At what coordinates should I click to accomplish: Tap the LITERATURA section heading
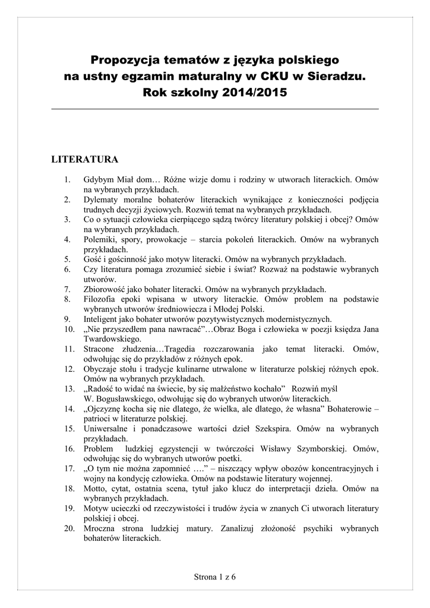click(x=85, y=160)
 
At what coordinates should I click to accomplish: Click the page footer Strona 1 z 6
click(x=215, y=576)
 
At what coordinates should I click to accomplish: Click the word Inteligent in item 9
click(x=102, y=318)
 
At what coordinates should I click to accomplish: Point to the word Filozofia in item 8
click(x=102, y=299)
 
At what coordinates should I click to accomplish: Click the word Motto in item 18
click(x=96, y=488)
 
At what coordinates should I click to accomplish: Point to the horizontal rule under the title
click(x=215, y=109)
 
